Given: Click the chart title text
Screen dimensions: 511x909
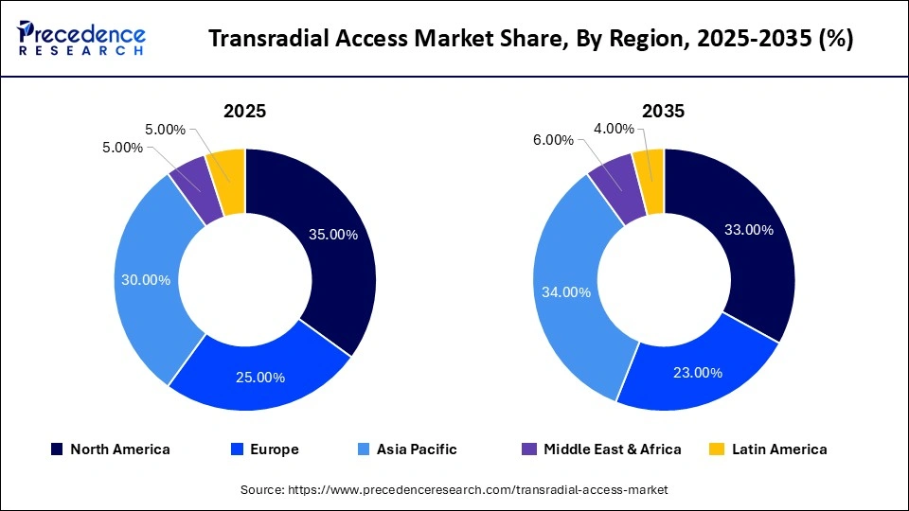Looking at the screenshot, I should pyautogui.click(x=530, y=39).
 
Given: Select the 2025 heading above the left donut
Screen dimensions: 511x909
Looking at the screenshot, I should pyautogui.click(x=244, y=111).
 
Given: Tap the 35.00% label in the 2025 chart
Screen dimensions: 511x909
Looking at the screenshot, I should pyautogui.click(x=333, y=235).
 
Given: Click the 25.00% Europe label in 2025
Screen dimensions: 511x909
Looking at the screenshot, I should pyautogui.click(x=260, y=377).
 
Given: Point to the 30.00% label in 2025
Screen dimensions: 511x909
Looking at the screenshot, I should pyautogui.click(x=146, y=280).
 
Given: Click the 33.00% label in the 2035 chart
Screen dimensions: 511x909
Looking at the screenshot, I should pyautogui.click(x=748, y=230).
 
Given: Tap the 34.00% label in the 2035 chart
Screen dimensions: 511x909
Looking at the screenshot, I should pyautogui.click(x=565, y=292).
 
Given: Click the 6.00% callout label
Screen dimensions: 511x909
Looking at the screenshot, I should pyautogui.click(x=554, y=140).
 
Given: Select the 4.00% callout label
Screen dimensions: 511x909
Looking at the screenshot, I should pyautogui.click(x=614, y=129).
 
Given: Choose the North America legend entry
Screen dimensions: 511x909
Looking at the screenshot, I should pyautogui.click(x=112, y=449).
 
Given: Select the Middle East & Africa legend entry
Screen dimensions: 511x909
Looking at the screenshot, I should pyautogui.click(x=601, y=449).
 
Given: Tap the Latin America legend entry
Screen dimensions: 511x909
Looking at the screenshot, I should pyautogui.click(x=769, y=449).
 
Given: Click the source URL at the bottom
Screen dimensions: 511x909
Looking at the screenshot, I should pyautogui.click(x=454, y=489).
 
